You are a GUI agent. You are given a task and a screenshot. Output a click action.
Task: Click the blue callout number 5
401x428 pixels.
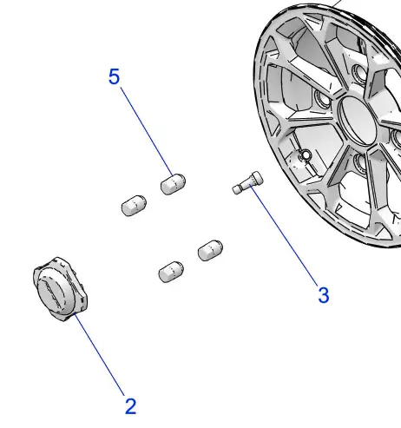pyautogui.click(x=114, y=76)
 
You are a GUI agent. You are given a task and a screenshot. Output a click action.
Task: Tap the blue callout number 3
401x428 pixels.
pyautogui.click(x=324, y=295)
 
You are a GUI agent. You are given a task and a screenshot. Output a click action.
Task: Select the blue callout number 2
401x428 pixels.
pyautogui.click(x=130, y=406)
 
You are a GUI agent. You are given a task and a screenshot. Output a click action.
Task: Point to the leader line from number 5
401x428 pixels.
pyautogui.click(x=147, y=131)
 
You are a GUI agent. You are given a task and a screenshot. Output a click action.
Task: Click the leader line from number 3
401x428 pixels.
pyautogui.click(x=285, y=234)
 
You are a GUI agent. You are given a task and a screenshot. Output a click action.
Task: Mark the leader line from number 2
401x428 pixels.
pyautogui.click(x=99, y=354)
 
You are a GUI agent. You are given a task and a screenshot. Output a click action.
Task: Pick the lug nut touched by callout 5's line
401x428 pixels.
pyautogui.click(x=173, y=184)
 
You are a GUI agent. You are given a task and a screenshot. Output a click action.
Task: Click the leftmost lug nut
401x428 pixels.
pyautogui.click(x=134, y=206)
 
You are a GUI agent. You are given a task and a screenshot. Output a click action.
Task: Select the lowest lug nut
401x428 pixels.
pyautogui.click(x=171, y=272)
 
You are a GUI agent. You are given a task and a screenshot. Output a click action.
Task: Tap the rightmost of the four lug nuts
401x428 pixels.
pyautogui.click(x=210, y=251)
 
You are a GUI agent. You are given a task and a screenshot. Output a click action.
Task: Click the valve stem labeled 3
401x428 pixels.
pyautogui.click(x=247, y=182)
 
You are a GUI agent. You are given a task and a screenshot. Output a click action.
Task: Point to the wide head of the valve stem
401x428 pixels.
pyautogui.click(x=257, y=177)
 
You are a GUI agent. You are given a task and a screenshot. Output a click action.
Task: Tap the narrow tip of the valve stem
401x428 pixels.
pyautogui.click(x=237, y=189)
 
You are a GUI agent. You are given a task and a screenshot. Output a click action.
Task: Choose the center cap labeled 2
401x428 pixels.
pyautogui.click(x=60, y=289)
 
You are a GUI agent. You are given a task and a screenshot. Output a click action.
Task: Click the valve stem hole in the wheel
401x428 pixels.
pyautogui.click(x=306, y=156)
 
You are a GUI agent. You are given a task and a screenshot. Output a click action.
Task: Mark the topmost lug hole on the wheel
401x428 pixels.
pyautogui.click(x=359, y=71)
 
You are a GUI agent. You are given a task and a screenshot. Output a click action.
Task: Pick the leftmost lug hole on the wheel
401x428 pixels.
pyautogui.click(x=323, y=98)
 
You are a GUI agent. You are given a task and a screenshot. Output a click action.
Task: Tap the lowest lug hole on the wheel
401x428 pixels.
pyautogui.click(x=362, y=162)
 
